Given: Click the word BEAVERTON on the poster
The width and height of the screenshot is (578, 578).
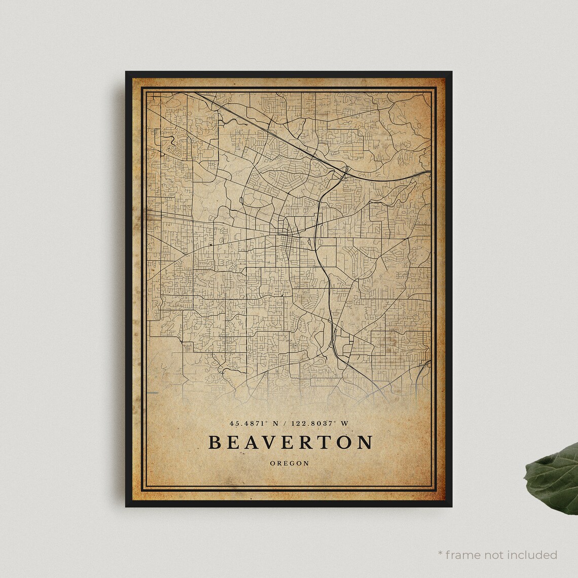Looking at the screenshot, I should click(x=291, y=442).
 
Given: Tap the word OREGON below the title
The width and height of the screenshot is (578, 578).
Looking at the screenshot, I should click(x=290, y=463).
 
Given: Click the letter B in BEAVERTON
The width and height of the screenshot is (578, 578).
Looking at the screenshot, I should click(x=215, y=442).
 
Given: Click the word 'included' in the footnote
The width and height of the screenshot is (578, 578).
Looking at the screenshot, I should click(x=532, y=555).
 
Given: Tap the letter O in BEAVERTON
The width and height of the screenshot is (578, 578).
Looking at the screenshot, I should click(x=346, y=442).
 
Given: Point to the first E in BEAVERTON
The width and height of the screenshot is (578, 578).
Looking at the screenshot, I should click(x=234, y=442).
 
